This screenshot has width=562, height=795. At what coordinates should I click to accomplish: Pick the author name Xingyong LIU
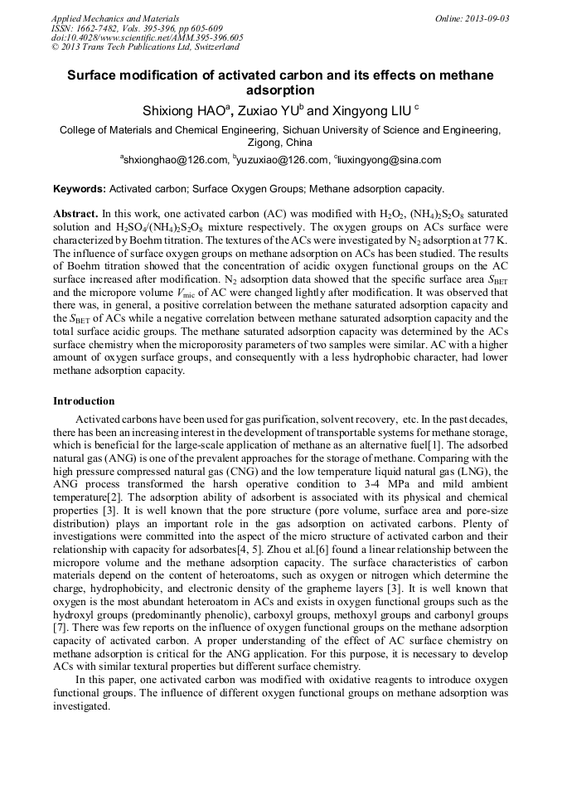tap(371, 109)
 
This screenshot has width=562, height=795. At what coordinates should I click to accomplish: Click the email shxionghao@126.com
tap(175, 160)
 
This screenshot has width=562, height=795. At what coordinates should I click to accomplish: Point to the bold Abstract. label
tap(76, 214)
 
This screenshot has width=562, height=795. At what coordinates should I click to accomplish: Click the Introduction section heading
tap(84, 401)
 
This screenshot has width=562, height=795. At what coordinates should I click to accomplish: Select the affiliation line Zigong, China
tap(280, 143)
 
